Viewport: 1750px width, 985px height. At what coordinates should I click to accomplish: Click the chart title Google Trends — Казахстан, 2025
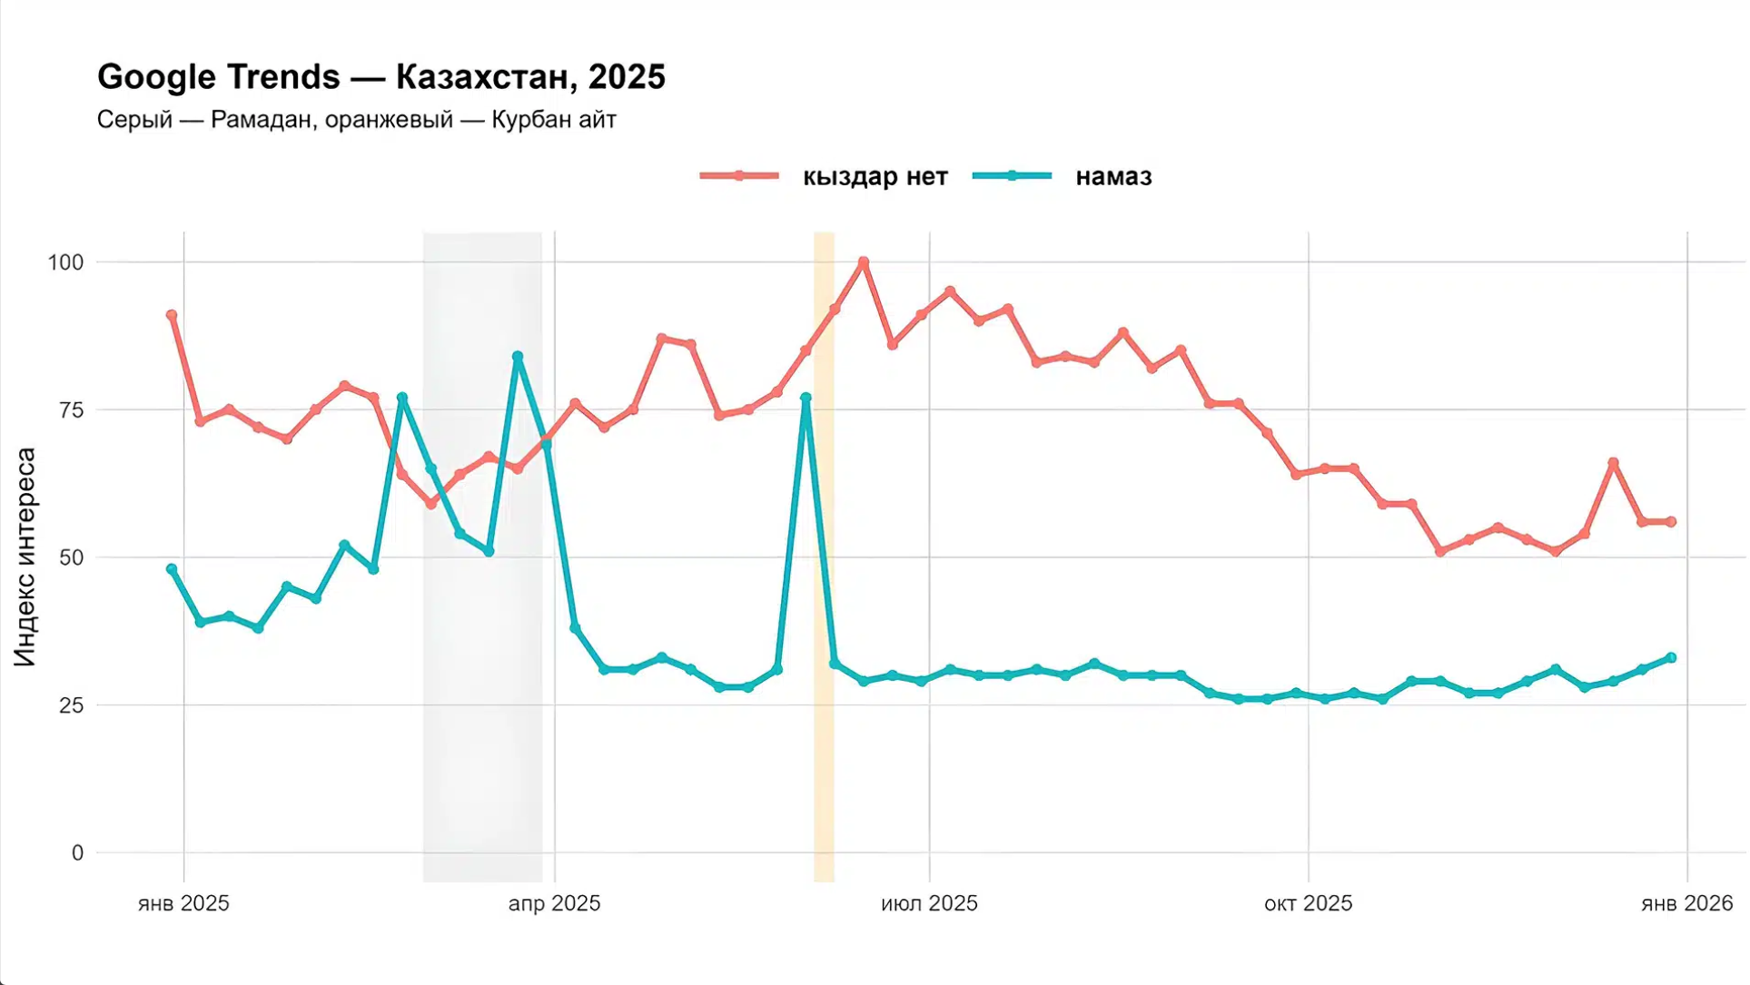coord(381,77)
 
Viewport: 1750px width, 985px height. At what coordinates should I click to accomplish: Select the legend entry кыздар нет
coord(874,176)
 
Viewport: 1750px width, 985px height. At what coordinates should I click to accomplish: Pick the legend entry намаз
coord(1112,176)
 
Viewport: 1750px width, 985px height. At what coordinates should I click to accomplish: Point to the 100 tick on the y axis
coord(65,262)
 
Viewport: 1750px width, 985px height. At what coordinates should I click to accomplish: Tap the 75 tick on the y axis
coord(71,410)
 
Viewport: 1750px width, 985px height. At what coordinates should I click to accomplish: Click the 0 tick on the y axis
coord(77,853)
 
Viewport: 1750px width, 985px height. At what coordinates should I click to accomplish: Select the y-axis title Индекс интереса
coord(25,557)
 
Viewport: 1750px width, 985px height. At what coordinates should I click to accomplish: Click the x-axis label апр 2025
coord(554,903)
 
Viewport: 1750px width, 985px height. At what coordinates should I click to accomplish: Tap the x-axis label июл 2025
coord(929,903)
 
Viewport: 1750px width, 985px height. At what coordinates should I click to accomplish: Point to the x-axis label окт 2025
coord(1308,903)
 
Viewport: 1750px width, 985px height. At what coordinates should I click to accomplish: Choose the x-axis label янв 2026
coord(1686,903)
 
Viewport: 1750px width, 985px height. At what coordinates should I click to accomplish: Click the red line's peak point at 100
coord(864,262)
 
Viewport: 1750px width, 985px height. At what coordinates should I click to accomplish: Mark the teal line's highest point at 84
coord(518,357)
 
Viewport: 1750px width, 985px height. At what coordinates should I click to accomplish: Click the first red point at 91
coord(172,316)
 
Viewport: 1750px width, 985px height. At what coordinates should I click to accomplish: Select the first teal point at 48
coord(172,569)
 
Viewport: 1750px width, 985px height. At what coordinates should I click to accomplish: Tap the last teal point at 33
coord(1671,658)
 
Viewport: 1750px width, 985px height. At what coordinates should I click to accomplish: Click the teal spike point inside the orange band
coord(806,398)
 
